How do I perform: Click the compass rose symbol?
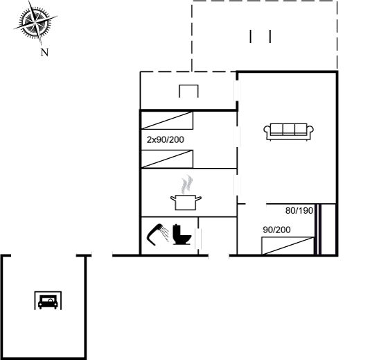point(35,23)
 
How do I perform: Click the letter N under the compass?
point(44,52)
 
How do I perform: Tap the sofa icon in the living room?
point(288,132)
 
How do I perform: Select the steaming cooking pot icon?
point(186,193)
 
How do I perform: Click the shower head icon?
point(158,234)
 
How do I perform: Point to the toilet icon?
point(182,234)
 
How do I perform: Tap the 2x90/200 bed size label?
point(166,139)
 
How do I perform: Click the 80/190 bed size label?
point(299,211)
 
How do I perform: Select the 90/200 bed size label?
point(276,230)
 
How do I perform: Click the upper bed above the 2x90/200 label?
point(167,121)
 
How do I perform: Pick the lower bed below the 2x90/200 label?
point(167,159)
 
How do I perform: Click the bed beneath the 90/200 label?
point(288,246)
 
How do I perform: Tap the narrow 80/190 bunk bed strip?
point(318,230)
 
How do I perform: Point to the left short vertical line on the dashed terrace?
point(250,37)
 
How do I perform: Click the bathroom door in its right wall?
point(198,239)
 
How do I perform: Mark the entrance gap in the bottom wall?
point(218,255)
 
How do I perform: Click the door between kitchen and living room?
point(237,185)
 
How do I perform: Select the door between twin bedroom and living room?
point(237,137)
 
